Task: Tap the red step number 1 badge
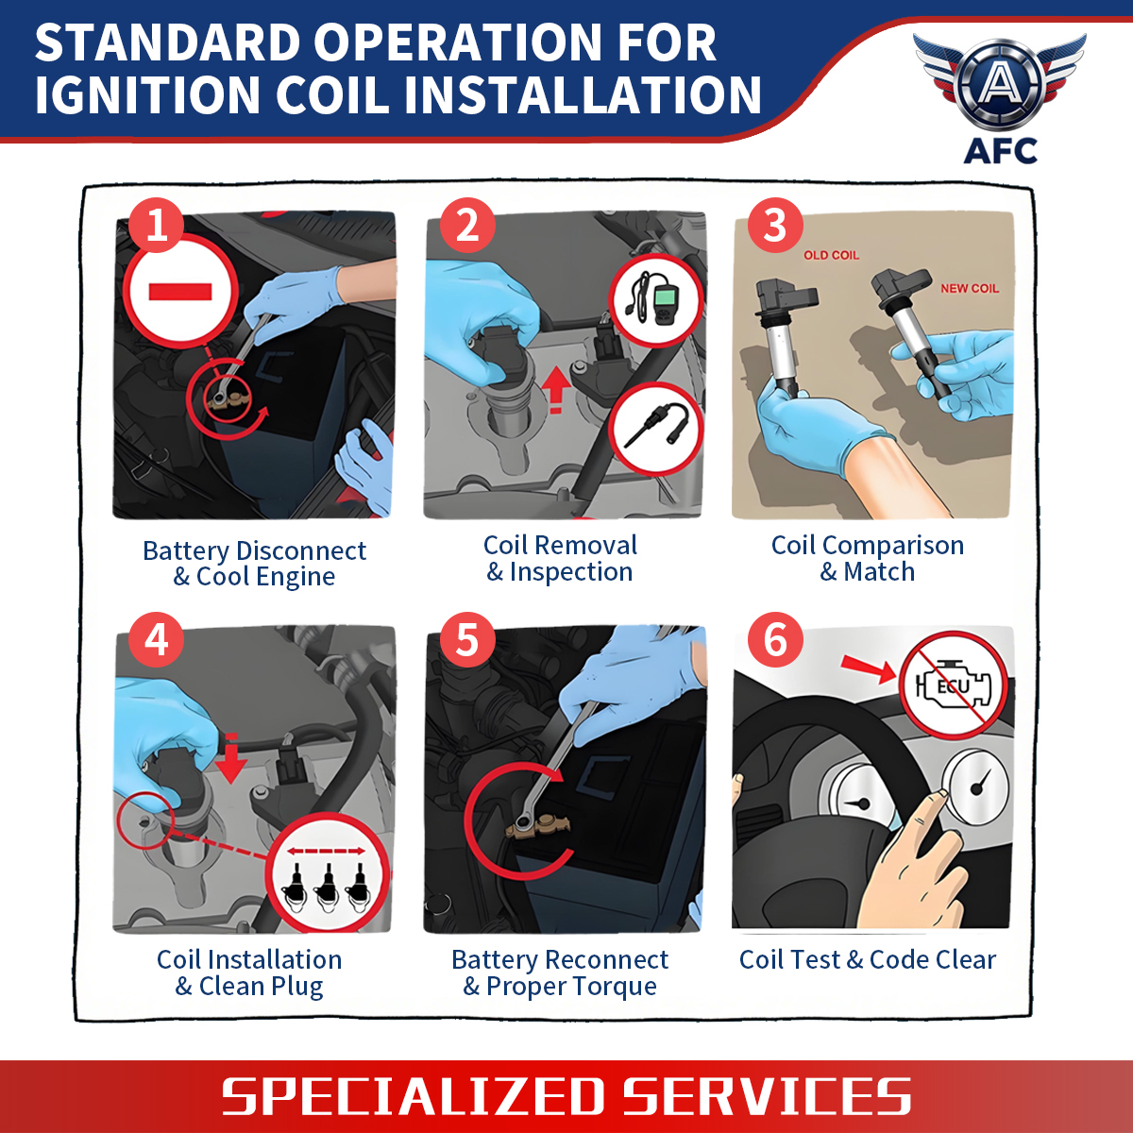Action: pyautogui.click(x=157, y=226)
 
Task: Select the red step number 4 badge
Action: pyautogui.click(x=157, y=640)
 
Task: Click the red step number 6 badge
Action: pyautogui.click(x=775, y=640)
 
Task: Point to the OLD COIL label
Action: pyautogui.click(x=831, y=255)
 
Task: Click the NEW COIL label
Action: pyautogui.click(x=970, y=288)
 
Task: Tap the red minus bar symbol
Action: pyautogui.click(x=180, y=292)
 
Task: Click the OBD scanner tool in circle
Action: pyautogui.click(x=655, y=299)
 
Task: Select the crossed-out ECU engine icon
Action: pyautogui.click(x=952, y=685)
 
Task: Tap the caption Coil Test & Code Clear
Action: pyautogui.click(x=868, y=960)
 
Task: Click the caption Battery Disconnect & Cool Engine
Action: pyautogui.click(x=254, y=564)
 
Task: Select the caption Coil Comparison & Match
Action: pyautogui.click(x=868, y=558)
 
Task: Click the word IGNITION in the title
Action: pyautogui.click(x=147, y=94)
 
